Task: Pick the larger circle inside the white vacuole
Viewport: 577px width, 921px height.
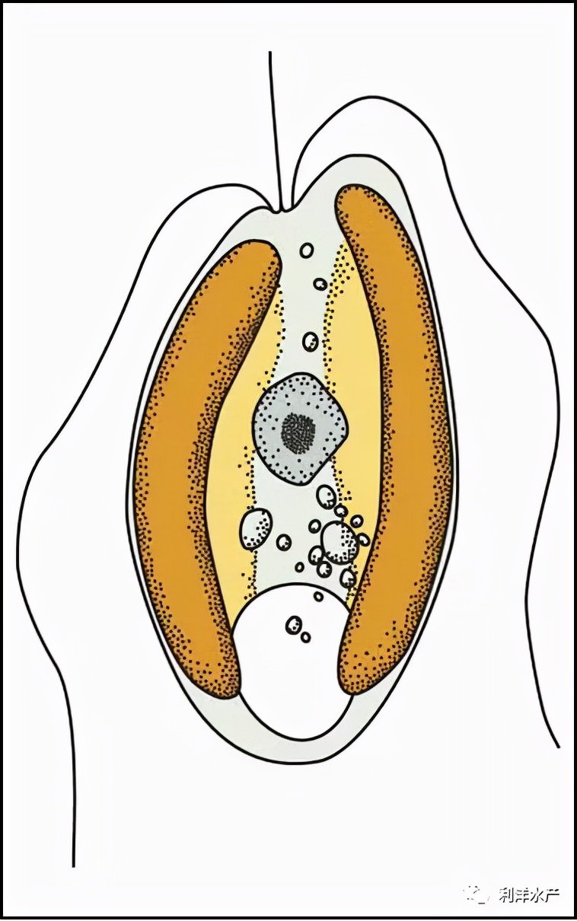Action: pyautogui.click(x=294, y=626)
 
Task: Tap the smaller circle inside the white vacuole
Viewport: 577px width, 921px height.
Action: pyautogui.click(x=306, y=637)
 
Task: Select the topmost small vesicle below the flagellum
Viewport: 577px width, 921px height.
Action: pyautogui.click(x=307, y=250)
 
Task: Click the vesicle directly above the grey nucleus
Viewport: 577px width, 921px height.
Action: pyautogui.click(x=311, y=341)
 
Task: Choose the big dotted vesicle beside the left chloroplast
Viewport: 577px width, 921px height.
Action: pyautogui.click(x=257, y=529)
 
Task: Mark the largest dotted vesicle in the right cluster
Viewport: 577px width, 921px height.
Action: pyautogui.click(x=340, y=542)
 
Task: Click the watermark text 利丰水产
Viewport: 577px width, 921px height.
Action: pyautogui.click(x=528, y=894)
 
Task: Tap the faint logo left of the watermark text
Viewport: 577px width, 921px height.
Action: pyautogui.click(x=476, y=893)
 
